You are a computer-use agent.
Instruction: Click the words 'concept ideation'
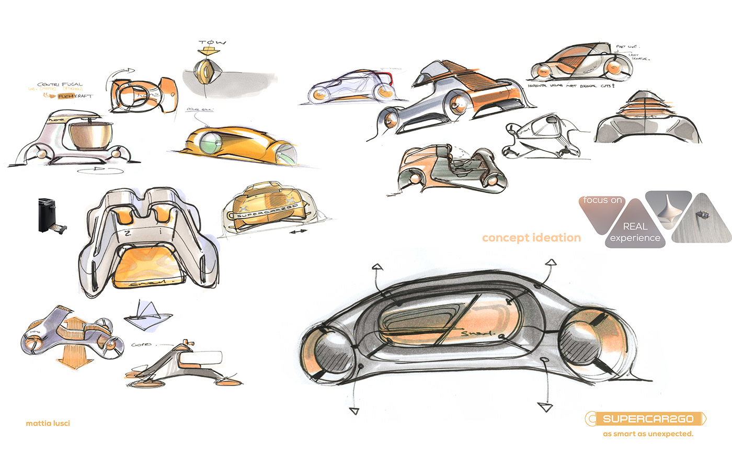click(x=531, y=238)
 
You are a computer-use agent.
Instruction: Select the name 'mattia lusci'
click(x=48, y=423)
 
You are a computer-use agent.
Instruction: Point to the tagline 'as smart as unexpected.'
click(x=648, y=434)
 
